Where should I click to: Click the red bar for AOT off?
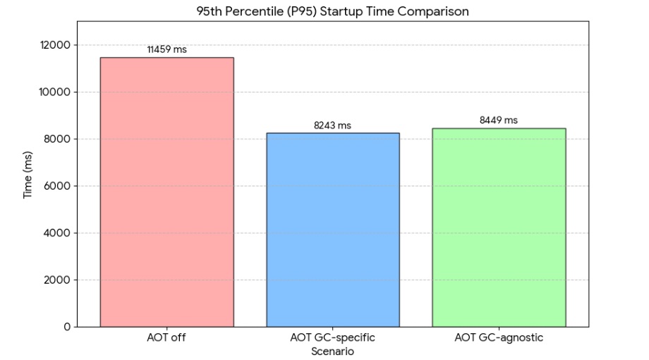click(166, 192)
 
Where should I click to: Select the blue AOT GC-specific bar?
click(332, 229)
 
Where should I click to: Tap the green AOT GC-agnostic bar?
click(499, 227)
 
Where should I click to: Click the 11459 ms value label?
click(167, 50)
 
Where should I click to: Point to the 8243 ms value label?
click(332, 126)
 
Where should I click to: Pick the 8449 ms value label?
click(499, 121)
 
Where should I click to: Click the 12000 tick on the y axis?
click(56, 45)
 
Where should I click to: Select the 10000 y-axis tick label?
click(56, 92)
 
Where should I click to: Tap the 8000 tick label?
click(59, 139)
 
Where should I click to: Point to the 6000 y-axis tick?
click(59, 186)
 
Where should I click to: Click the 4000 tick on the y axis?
click(59, 233)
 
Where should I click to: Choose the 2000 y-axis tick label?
click(59, 280)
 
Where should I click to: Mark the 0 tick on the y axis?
click(67, 327)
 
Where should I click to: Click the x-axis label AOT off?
click(166, 338)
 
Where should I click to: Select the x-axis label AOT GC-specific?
click(332, 338)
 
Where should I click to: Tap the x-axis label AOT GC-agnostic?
click(499, 338)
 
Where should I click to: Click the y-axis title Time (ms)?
click(28, 174)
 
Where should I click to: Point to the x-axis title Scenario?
click(332, 351)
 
